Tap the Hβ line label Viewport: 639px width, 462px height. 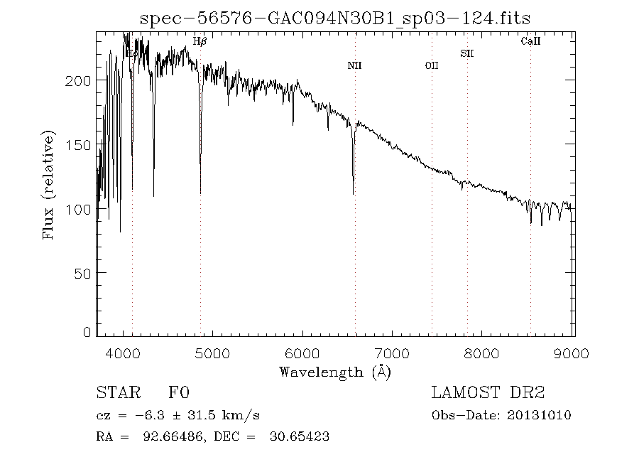click(x=200, y=42)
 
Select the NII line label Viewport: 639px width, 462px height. click(x=354, y=66)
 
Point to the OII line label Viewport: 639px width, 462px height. click(x=431, y=66)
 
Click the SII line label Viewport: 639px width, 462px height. click(x=466, y=53)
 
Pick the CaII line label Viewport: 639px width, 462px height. click(x=530, y=42)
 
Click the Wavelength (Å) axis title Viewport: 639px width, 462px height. click(x=334, y=372)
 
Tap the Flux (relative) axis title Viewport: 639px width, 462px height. click(x=49, y=185)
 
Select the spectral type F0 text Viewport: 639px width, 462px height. click(x=179, y=394)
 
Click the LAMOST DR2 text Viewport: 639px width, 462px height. click(x=488, y=394)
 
